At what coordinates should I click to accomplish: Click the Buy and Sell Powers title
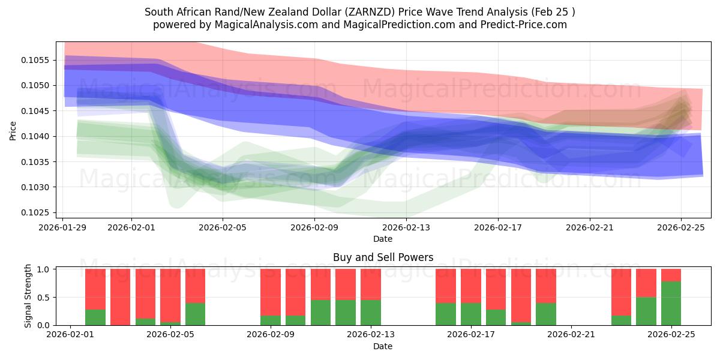[383, 257]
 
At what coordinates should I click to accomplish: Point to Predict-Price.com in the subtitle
[522, 25]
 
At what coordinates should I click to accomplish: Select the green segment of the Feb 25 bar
[671, 303]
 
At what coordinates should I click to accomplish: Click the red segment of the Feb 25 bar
[671, 275]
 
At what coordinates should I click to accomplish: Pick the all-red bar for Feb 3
[121, 297]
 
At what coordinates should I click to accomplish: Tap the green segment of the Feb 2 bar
[95, 317]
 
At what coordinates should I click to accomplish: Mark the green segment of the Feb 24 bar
[646, 311]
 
